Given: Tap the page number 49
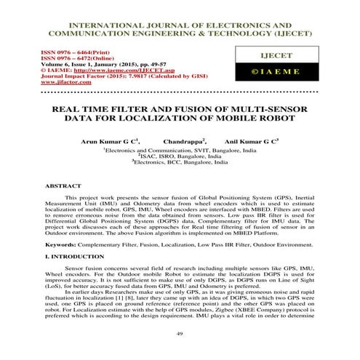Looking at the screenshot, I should [x=179, y=332].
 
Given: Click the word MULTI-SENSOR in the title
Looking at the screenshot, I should [x=272, y=108].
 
